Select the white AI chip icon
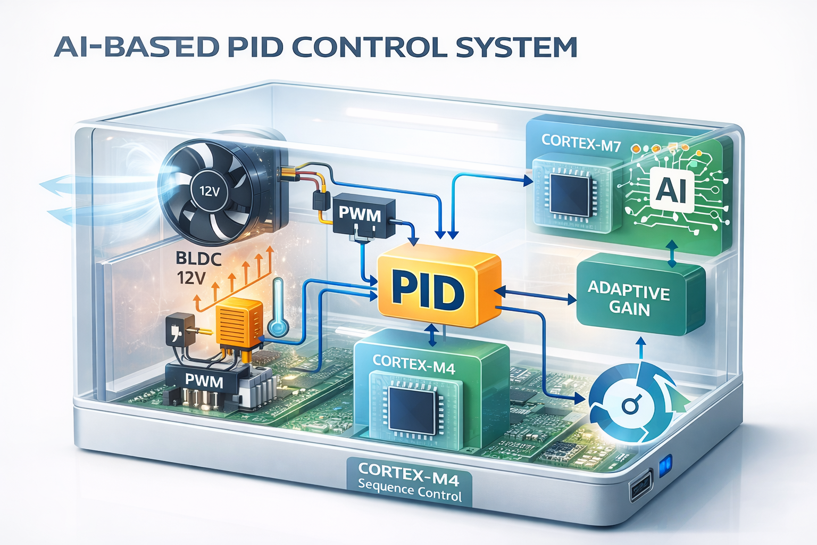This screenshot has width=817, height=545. (672, 191)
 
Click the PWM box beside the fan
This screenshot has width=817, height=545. (362, 216)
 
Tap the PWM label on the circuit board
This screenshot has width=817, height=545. (204, 381)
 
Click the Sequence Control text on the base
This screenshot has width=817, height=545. (410, 491)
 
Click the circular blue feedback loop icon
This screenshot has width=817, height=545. (630, 404)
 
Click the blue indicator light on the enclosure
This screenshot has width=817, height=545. (665, 466)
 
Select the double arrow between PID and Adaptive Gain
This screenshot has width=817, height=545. (535, 295)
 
